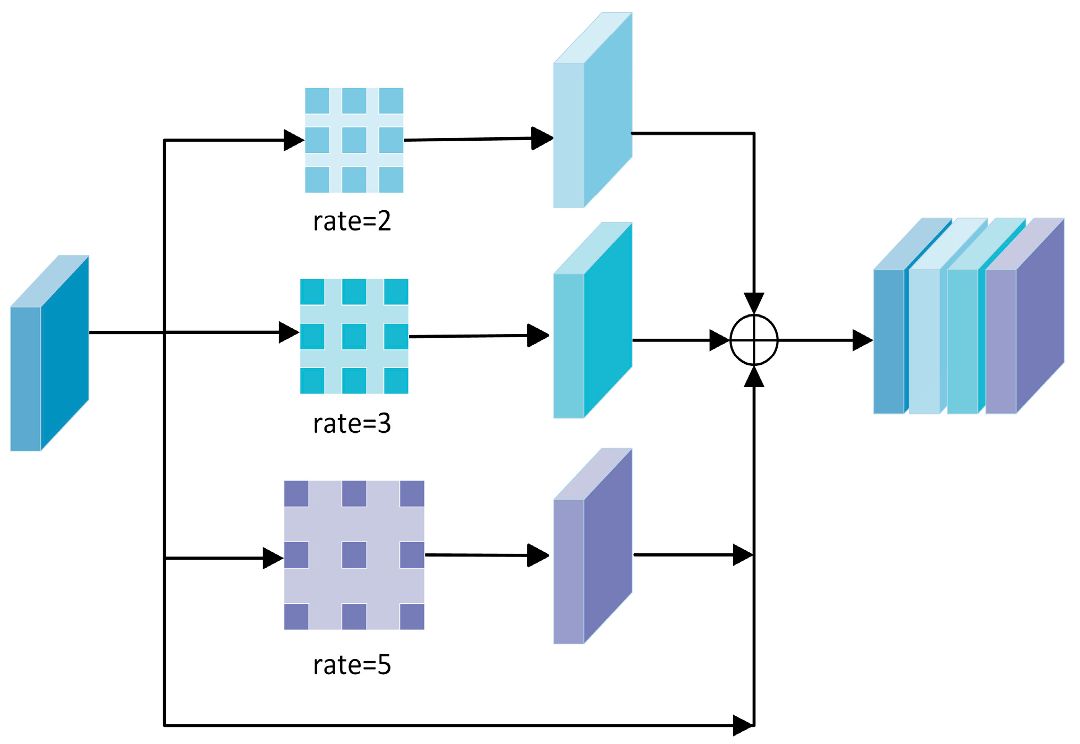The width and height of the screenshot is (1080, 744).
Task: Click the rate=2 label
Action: click(352, 221)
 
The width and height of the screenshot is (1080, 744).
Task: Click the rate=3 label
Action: click(352, 424)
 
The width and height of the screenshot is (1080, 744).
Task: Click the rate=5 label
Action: click(352, 665)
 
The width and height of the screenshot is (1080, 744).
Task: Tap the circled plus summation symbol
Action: click(754, 340)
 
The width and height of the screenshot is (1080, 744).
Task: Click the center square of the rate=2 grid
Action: click(354, 140)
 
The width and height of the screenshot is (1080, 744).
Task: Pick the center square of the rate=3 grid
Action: click(354, 336)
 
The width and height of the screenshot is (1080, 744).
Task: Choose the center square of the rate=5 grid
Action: click(354, 555)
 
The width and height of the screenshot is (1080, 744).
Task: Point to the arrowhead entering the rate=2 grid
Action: click(294, 140)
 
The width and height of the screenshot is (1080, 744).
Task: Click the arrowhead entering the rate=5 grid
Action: click(273, 558)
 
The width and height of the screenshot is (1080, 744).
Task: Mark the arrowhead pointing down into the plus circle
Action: click(754, 303)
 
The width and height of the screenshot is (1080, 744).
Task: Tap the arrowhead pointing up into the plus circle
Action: click(754, 377)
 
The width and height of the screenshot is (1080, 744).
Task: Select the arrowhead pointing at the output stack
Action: click(862, 340)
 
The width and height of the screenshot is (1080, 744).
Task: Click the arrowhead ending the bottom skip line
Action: click(743, 725)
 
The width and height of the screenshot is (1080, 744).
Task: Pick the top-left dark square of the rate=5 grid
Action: click(296, 493)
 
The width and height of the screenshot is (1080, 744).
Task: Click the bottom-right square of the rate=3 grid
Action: click(396, 380)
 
